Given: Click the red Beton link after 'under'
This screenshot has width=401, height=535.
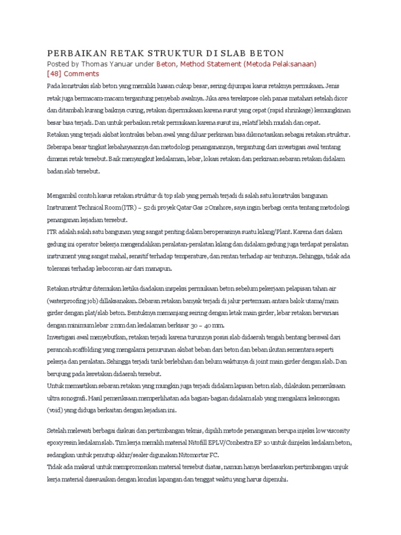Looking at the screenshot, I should click(x=167, y=64).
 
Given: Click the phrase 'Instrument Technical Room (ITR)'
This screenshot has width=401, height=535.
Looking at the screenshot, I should click(x=89, y=206).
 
